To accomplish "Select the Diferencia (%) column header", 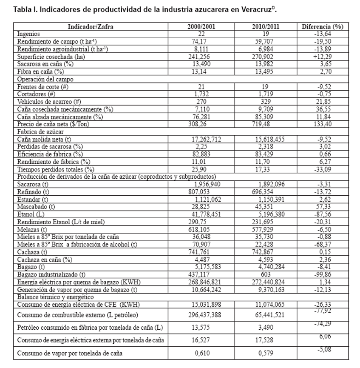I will (322, 26).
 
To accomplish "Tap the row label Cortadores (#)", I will (35, 94).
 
